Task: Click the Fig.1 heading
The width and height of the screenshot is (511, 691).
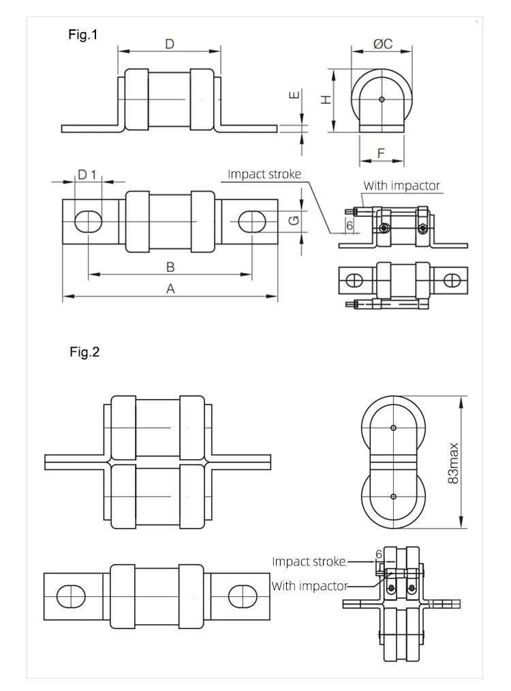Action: point(84,35)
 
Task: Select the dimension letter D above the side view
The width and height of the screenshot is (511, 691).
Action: point(170,44)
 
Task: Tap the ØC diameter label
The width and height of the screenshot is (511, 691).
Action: point(382,44)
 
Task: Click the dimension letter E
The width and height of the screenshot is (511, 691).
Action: point(294,95)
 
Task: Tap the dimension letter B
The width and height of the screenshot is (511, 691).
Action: point(171,265)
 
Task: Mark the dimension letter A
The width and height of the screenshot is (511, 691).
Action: point(171,289)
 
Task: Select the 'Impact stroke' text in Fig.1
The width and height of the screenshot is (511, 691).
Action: point(264,174)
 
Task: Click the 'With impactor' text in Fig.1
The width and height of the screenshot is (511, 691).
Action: point(401,185)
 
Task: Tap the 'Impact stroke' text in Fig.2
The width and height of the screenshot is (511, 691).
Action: point(309,562)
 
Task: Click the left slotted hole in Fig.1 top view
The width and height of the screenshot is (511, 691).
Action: point(88,221)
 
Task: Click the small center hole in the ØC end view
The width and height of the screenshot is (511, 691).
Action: point(382,100)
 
